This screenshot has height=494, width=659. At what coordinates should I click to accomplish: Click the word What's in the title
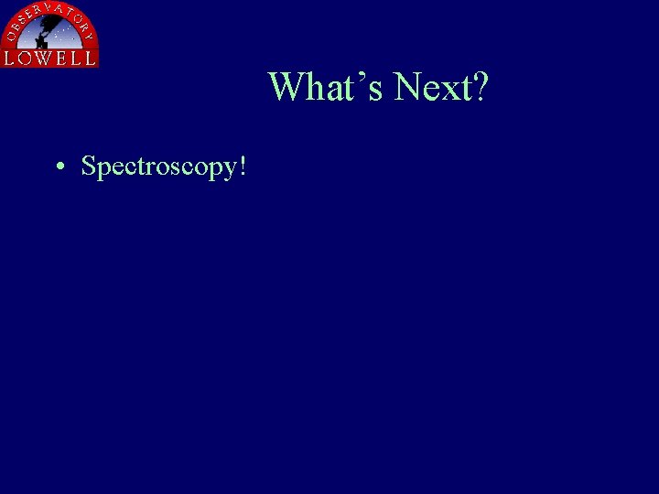(326, 88)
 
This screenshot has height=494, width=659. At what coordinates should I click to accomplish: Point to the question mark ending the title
(481, 88)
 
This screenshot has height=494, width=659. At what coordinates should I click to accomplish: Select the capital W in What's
(287, 88)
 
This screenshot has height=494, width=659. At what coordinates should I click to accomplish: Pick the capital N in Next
(408, 88)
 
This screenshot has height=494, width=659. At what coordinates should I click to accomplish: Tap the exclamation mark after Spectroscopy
(243, 166)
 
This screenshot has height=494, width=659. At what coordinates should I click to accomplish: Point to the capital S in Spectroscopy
(89, 166)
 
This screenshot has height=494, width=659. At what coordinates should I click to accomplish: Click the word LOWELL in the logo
(50, 58)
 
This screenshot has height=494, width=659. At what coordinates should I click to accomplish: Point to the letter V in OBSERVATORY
(55, 8)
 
